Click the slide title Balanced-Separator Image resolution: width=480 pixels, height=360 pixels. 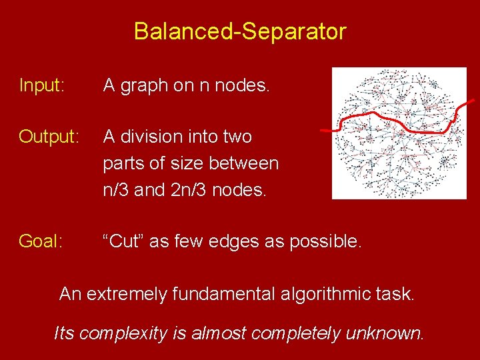point(240,31)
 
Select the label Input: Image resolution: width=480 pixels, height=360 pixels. point(42,86)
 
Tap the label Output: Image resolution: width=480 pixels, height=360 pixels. point(49,137)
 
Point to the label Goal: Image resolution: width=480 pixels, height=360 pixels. point(41,241)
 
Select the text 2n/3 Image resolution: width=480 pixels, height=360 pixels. point(189,190)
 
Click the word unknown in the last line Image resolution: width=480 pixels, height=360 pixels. point(384,333)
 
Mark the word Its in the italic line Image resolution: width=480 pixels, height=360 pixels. point(65,333)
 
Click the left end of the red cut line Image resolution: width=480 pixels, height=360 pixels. point(318,129)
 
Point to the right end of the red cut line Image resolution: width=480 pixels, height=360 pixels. point(473,101)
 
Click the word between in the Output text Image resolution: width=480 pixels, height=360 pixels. point(245,163)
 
